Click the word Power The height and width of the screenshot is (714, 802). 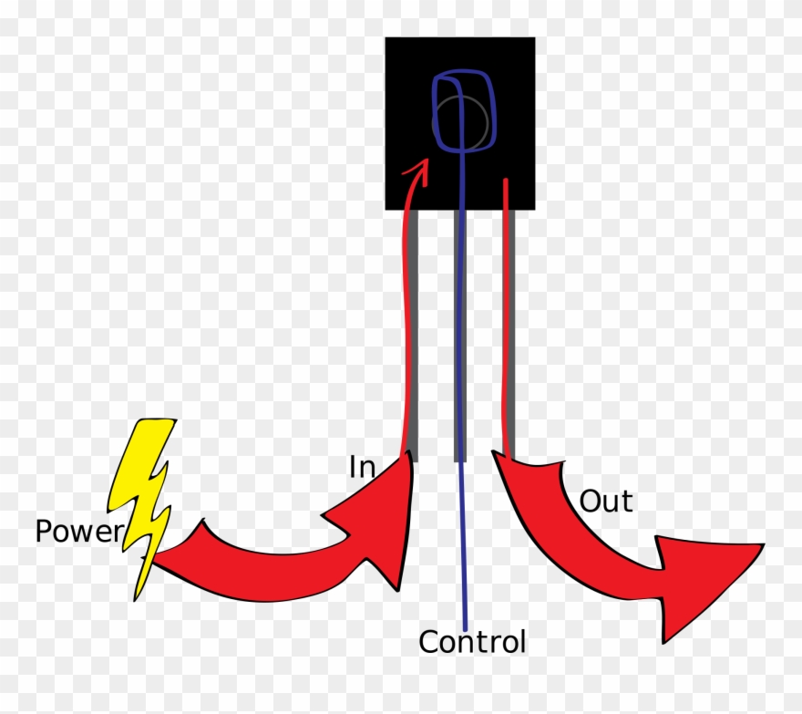point(77,531)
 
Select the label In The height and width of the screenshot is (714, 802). point(362,467)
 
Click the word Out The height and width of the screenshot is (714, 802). point(606,501)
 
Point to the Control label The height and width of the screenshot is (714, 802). point(472,642)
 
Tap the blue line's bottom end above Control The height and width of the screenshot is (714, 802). point(467,616)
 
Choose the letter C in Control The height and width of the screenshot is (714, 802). point(428,642)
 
